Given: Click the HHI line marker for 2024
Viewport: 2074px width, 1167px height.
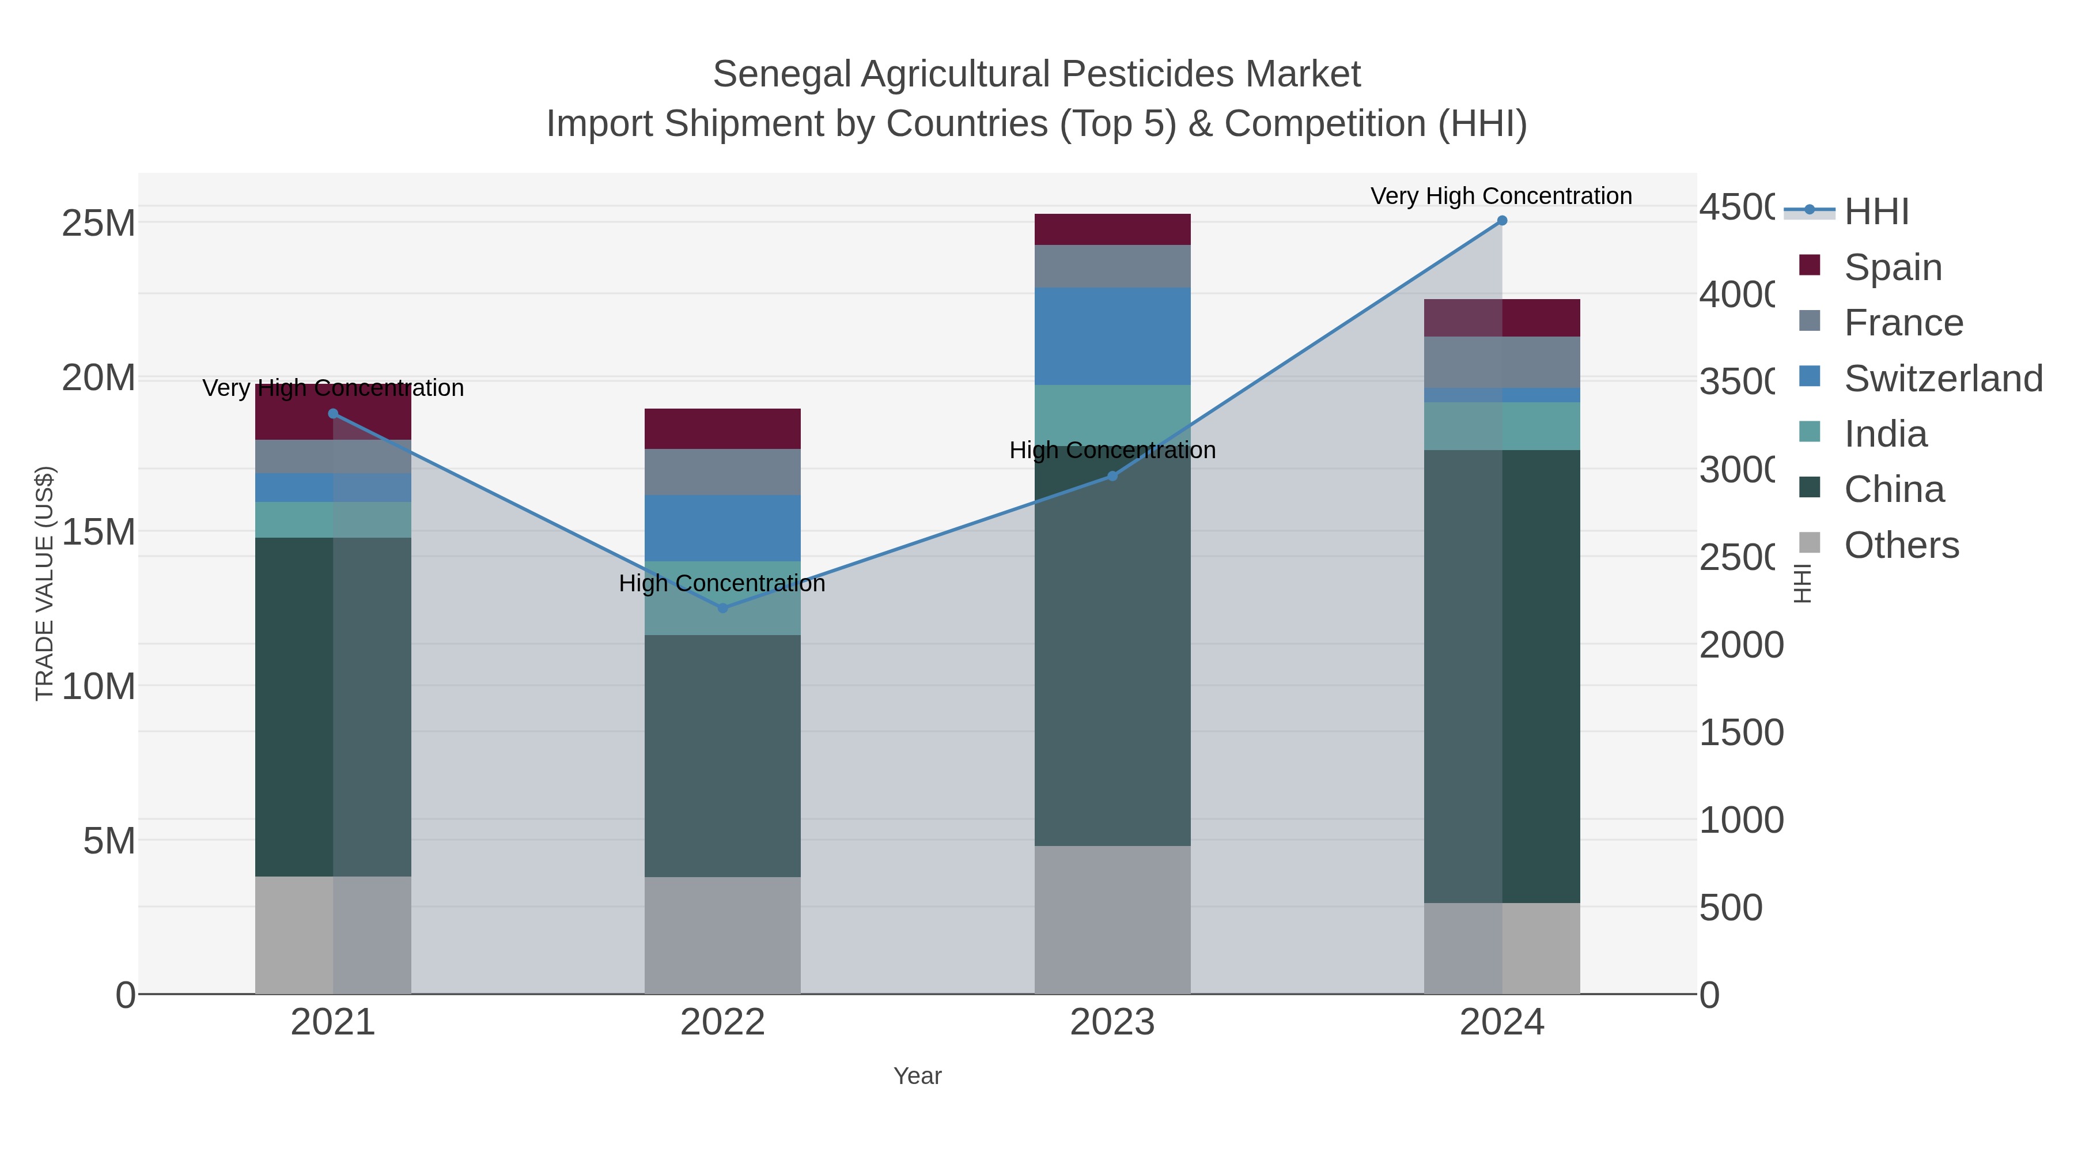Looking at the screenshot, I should pyautogui.click(x=1501, y=221).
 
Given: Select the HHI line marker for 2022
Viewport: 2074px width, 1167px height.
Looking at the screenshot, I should pyautogui.click(x=722, y=608).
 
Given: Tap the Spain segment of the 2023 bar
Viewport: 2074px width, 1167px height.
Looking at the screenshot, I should pyautogui.click(x=1112, y=229).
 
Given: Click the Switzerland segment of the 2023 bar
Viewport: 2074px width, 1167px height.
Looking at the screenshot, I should pyautogui.click(x=1112, y=336).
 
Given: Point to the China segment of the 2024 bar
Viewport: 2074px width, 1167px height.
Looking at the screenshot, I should pyautogui.click(x=1501, y=677).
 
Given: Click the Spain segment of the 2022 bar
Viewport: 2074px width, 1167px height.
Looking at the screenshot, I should pyautogui.click(x=722, y=428).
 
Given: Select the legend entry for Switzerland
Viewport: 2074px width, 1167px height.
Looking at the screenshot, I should pyautogui.click(x=1943, y=379).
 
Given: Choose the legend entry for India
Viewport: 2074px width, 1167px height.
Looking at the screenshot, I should pyautogui.click(x=1885, y=434).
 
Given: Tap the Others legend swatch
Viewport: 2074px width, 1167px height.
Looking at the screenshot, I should pyautogui.click(x=1809, y=543).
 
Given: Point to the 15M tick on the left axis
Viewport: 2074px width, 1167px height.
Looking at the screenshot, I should pyautogui.click(x=98, y=531).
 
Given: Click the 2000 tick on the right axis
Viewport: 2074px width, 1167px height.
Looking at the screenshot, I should pyautogui.click(x=1740, y=645).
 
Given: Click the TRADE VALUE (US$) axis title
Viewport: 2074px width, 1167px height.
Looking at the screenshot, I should pyautogui.click(x=45, y=583).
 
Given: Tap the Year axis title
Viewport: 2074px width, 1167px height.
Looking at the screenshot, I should pyautogui.click(x=917, y=1076).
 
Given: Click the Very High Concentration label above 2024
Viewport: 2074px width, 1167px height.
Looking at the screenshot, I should pyautogui.click(x=1501, y=197).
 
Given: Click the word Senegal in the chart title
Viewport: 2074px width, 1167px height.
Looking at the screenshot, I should pyautogui.click(x=781, y=74).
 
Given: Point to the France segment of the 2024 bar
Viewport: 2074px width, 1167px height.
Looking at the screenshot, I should pyautogui.click(x=1501, y=362).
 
